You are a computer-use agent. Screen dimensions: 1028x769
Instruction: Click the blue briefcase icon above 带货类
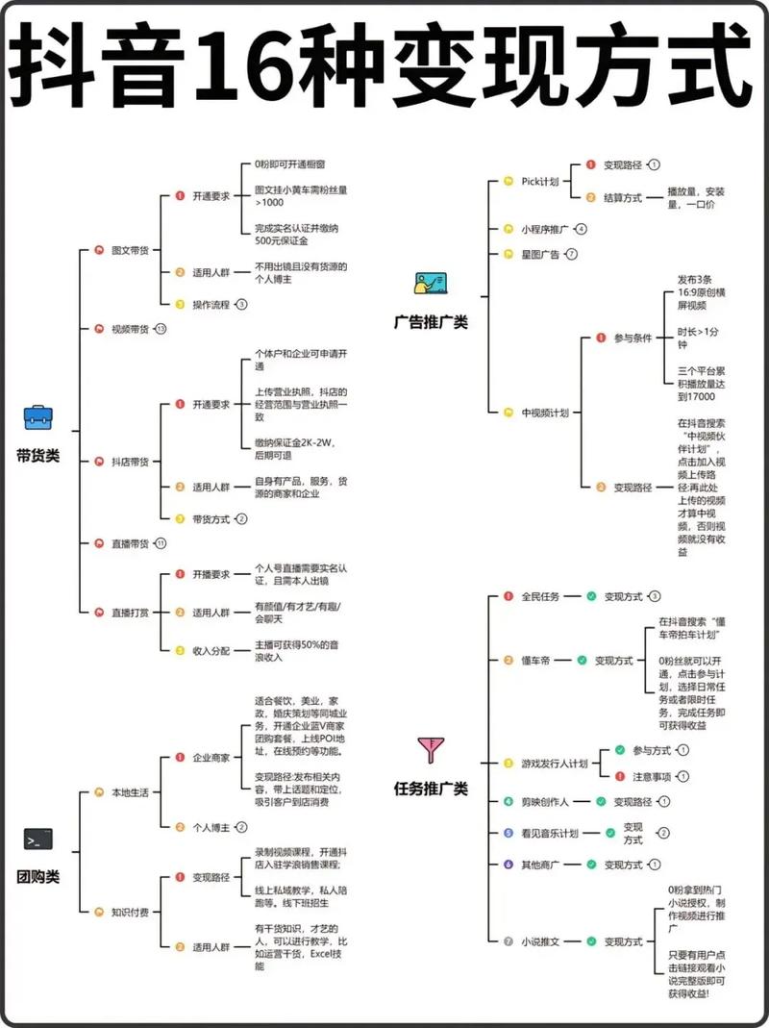point(37,417)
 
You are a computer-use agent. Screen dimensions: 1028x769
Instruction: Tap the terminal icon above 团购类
point(37,840)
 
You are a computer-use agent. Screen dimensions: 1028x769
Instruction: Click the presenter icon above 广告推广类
point(430,284)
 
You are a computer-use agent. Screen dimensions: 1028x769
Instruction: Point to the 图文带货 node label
point(131,250)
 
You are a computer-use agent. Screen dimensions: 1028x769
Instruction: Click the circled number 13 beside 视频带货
point(161,329)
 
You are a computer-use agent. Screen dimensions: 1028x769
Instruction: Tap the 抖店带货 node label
point(131,462)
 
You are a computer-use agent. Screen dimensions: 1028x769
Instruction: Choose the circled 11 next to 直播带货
point(161,543)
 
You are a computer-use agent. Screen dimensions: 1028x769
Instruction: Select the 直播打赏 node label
point(131,612)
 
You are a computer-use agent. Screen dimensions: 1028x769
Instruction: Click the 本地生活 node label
point(131,792)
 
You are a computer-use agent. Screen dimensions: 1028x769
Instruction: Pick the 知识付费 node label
point(131,912)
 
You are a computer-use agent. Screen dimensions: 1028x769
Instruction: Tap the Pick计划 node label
point(540,181)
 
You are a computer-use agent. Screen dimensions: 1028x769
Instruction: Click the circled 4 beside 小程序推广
point(581,229)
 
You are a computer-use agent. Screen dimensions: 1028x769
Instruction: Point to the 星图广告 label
point(540,254)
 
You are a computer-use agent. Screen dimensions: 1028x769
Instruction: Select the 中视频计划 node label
point(545,412)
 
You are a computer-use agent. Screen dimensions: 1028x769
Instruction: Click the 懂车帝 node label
point(536,661)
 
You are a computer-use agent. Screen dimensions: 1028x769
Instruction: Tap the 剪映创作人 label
point(544,801)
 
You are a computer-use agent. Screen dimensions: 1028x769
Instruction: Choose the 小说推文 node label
point(540,941)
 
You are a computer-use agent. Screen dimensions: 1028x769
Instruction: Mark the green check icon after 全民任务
point(591,596)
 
